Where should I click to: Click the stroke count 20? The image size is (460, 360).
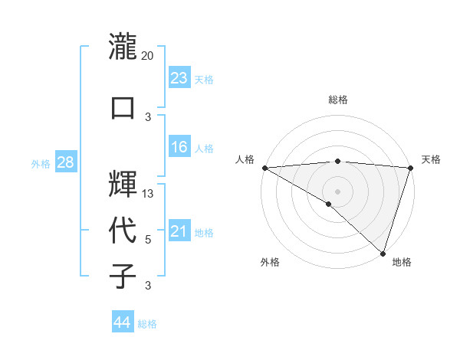[x=148, y=56]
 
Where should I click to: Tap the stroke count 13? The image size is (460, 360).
[x=148, y=194]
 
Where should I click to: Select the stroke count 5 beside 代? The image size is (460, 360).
[x=148, y=240]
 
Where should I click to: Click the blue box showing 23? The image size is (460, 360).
[x=179, y=77]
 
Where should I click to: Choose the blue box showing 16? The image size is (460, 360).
[x=179, y=147]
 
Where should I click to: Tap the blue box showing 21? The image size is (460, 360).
[x=179, y=231]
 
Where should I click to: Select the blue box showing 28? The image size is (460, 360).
[x=65, y=162]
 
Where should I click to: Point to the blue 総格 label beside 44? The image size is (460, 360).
[x=147, y=324]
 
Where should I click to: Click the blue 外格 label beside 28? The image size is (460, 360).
[x=41, y=164]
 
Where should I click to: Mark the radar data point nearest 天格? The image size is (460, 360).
[x=410, y=169]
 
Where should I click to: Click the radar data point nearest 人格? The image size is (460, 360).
[x=264, y=168]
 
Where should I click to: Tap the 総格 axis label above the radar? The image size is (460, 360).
[x=337, y=100]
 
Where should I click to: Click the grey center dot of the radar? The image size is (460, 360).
[x=337, y=191]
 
